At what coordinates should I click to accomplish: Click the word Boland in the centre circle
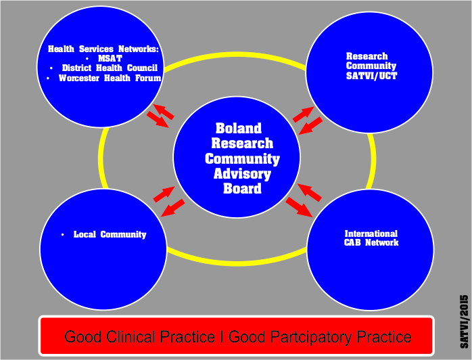coord(238,129)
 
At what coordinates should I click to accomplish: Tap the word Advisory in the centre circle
coord(242,174)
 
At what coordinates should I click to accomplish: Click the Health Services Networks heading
coord(103,49)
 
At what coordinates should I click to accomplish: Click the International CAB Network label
coord(371,238)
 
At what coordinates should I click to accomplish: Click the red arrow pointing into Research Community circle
coord(302,113)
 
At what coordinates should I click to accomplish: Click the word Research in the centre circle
coord(242,143)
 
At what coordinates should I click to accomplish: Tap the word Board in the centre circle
coord(242,189)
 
